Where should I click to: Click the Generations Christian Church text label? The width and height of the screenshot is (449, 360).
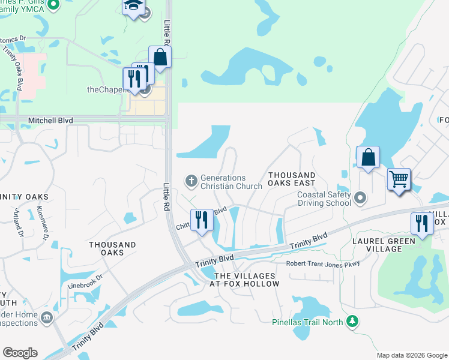coord(231,182)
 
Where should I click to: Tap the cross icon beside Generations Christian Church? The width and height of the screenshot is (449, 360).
coord(191,179)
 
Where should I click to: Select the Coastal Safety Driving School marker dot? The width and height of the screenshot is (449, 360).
coord(360,197)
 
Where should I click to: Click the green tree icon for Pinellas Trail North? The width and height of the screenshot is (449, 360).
coord(354,322)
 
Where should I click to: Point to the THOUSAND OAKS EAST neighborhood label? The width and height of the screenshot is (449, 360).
coord(292,179)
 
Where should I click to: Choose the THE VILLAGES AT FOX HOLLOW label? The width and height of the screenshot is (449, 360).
coord(247,280)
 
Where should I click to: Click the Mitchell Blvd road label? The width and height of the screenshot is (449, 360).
coord(50,121)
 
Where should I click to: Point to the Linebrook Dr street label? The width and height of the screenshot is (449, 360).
coord(85,277)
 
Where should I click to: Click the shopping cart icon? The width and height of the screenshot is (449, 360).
coord(399,179)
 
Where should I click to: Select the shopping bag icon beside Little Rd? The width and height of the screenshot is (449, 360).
coord(160,57)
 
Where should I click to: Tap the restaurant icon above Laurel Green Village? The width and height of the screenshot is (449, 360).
coord(422,223)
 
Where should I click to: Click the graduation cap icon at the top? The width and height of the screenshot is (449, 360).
coord(133,6)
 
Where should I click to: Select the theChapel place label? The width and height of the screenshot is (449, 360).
coord(109,89)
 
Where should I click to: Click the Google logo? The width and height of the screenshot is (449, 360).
coord(20,353)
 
